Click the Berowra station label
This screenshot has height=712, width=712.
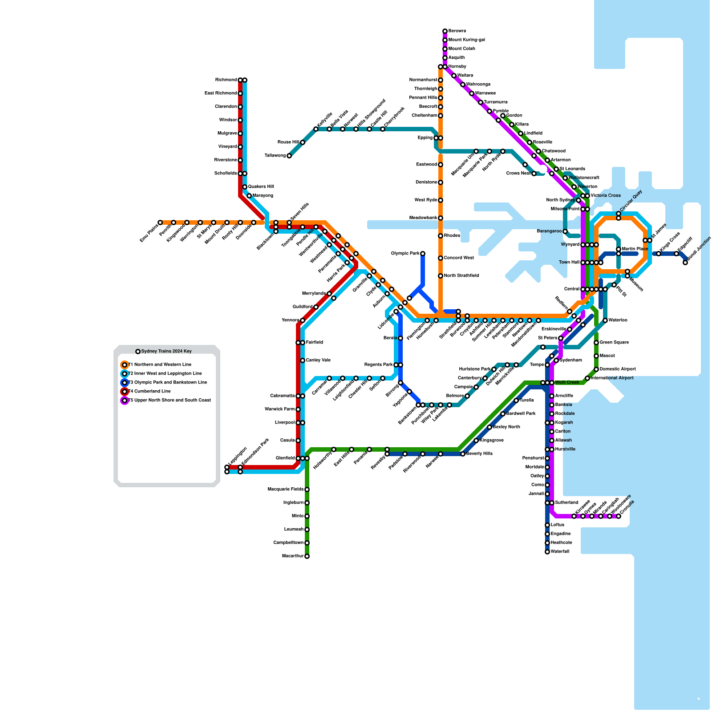[x=457, y=31]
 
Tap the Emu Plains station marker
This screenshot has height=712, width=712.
[x=160, y=222]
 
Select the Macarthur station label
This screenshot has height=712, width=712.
[x=293, y=556]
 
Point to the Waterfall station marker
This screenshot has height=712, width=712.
[x=547, y=552]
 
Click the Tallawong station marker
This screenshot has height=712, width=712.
[x=289, y=156]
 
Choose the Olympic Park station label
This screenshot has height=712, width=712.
[x=405, y=254]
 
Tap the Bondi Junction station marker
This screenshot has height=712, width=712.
[x=685, y=263]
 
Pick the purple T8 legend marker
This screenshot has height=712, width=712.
[x=125, y=400]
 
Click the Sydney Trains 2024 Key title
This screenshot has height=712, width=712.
[x=166, y=352]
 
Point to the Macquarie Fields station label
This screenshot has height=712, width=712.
[x=285, y=489]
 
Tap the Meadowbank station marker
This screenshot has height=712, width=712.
[x=441, y=218]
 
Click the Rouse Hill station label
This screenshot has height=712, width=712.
[x=288, y=142]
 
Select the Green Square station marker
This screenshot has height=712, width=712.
[x=596, y=343]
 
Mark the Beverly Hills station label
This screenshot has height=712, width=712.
[x=479, y=454]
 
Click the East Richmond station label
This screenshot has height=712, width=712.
[x=220, y=93]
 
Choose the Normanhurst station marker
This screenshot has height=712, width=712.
[x=441, y=80]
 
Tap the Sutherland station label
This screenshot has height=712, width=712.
[x=566, y=503]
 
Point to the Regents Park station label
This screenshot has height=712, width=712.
[x=378, y=365]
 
